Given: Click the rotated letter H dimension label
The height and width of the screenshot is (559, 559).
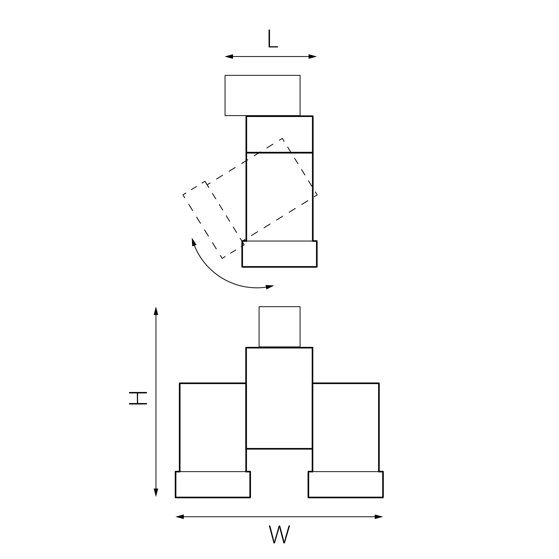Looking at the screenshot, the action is click(x=138, y=398).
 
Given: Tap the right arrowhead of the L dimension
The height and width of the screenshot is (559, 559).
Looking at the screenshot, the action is click(x=313, y=56).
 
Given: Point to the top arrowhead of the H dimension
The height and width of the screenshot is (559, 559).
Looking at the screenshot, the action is click(x=156, y=311).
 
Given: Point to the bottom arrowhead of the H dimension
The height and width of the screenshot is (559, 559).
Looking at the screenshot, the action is click(x=156, y=493).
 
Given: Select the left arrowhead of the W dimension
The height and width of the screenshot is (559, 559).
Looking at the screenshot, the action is click(x=180, y=517).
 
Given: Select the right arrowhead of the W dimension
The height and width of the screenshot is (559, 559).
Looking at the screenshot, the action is click(x=379, y=517).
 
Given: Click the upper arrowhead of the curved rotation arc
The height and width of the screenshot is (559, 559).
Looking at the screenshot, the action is click(x=194, y=242).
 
